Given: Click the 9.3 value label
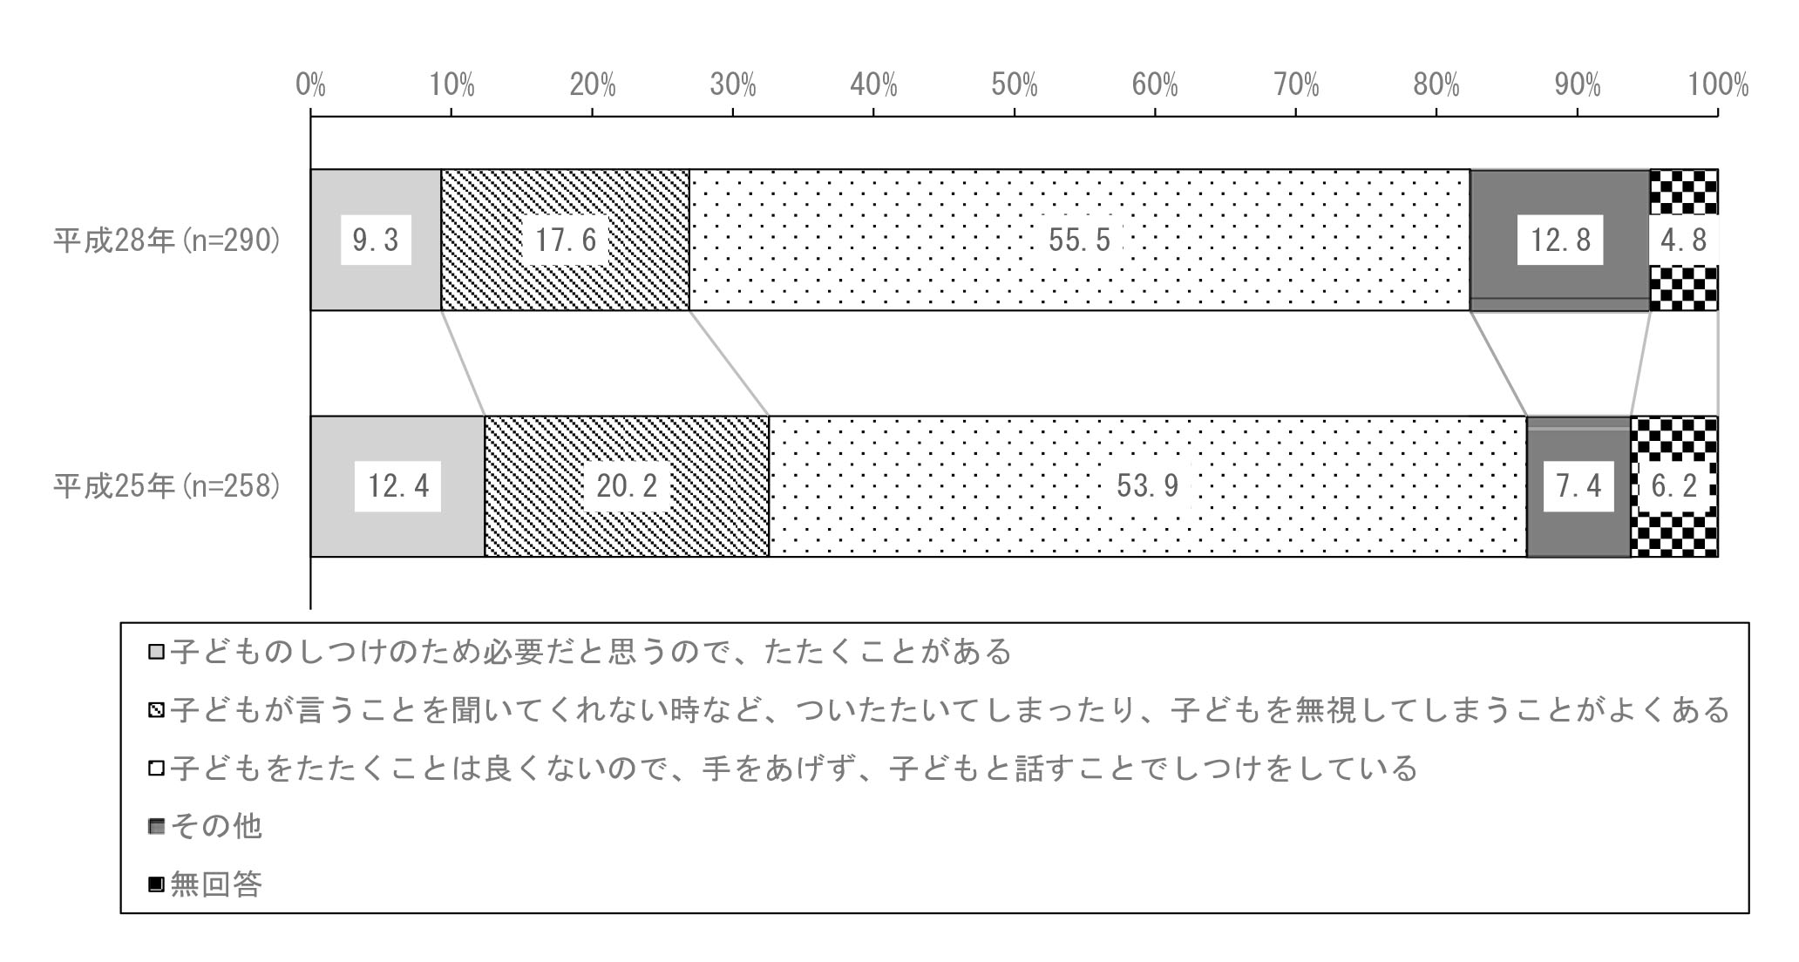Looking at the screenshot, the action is click(376, 240).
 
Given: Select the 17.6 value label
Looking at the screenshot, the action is click(566, 240).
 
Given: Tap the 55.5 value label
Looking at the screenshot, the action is click(1080, 240).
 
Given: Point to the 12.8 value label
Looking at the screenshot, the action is click(1560, 240).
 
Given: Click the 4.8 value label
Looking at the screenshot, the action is click(1683, 240).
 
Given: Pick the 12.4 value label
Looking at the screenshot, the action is click(398, 486).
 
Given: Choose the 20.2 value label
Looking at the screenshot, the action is click(627, 486).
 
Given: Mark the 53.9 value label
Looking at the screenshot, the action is click(1148, 486).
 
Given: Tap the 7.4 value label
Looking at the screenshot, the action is click(1578, 486).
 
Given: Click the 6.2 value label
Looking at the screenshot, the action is click(1674, 486).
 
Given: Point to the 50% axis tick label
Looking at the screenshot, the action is click(1015, 85).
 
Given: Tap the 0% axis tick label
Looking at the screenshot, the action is click(310, 85).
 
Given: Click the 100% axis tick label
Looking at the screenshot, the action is click(1719, 85).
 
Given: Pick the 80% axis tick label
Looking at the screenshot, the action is click(1436, 85).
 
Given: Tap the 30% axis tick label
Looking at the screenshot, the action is click(733, 85).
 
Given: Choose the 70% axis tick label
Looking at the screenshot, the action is click(1296, 85).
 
